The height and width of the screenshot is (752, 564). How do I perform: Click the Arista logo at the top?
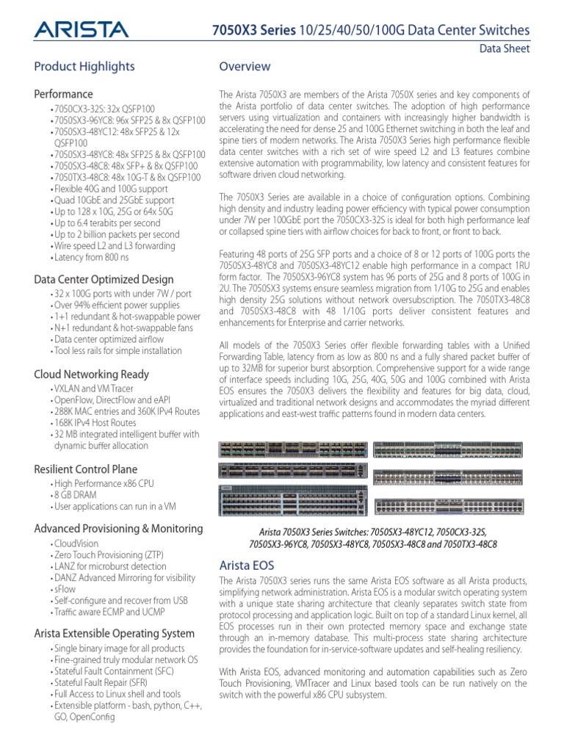click(x=82, y=29)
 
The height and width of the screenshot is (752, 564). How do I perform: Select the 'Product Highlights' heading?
click(x=84, y=67)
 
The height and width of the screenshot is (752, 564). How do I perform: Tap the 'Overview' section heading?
click(x=245, y=67)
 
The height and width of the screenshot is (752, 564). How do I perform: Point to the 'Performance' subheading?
click(x=64, y=94)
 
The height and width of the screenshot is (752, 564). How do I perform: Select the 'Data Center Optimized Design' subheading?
click(x=104, y=279)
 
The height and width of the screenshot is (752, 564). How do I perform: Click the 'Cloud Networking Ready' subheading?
click(x=92, y=374)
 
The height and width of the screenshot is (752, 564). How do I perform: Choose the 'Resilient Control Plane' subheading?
click(x=86, y=469)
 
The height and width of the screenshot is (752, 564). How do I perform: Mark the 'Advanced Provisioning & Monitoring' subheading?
click(x=119, y=529)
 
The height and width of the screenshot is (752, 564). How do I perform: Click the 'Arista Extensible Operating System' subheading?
click(x=115, y=633)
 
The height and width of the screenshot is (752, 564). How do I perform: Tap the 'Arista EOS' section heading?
click(x=247, y=565)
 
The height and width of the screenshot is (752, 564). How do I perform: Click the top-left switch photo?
click(x=292, y=450)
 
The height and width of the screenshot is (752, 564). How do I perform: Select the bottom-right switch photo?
click(x=449, y=507)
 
